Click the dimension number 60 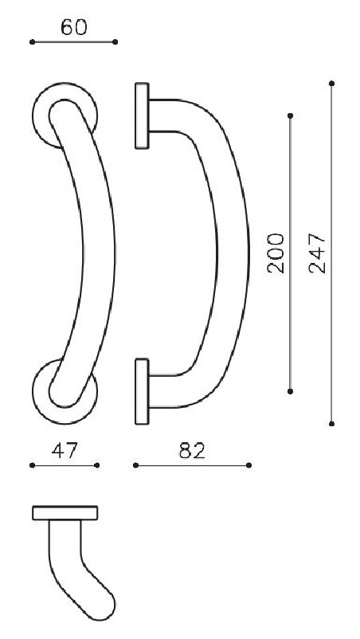[73, 27]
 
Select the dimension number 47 [64, 450]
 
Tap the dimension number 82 [192, 450]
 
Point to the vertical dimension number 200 [276, 253]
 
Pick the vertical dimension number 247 [317, 253]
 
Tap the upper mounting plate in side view [143, 116]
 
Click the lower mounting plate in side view [143, 390]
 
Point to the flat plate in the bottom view [65, 512]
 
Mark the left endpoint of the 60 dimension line [32, 41]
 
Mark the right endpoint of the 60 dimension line [115, 41]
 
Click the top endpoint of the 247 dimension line [331, 83]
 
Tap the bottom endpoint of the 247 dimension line [331, 423]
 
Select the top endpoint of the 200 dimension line [290, 116]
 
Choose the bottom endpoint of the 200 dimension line [290, 390]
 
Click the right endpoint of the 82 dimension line [249, 465]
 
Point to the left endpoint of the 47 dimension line [32, 465]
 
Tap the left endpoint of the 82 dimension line [135, 465]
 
